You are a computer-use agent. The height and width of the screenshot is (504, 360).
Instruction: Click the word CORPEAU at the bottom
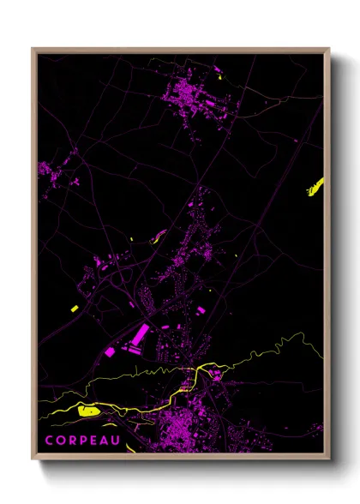point(84,440)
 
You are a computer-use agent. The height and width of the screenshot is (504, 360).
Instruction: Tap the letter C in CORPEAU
point(50,440)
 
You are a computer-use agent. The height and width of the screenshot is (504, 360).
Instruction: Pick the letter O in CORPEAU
point(61,440)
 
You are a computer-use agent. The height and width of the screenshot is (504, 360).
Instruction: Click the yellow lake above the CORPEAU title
point(87,411)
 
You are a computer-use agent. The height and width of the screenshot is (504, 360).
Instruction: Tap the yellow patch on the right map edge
point(315,186)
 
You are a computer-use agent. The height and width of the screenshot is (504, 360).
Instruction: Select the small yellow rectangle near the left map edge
point(75,307)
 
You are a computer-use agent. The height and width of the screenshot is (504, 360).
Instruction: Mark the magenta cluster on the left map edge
point(46,170)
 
